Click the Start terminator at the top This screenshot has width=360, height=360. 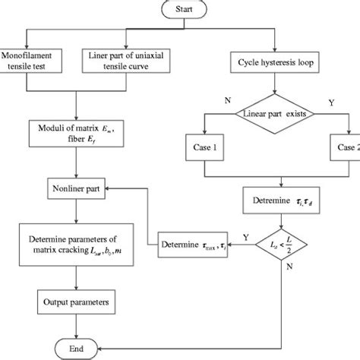coord(183,8)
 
